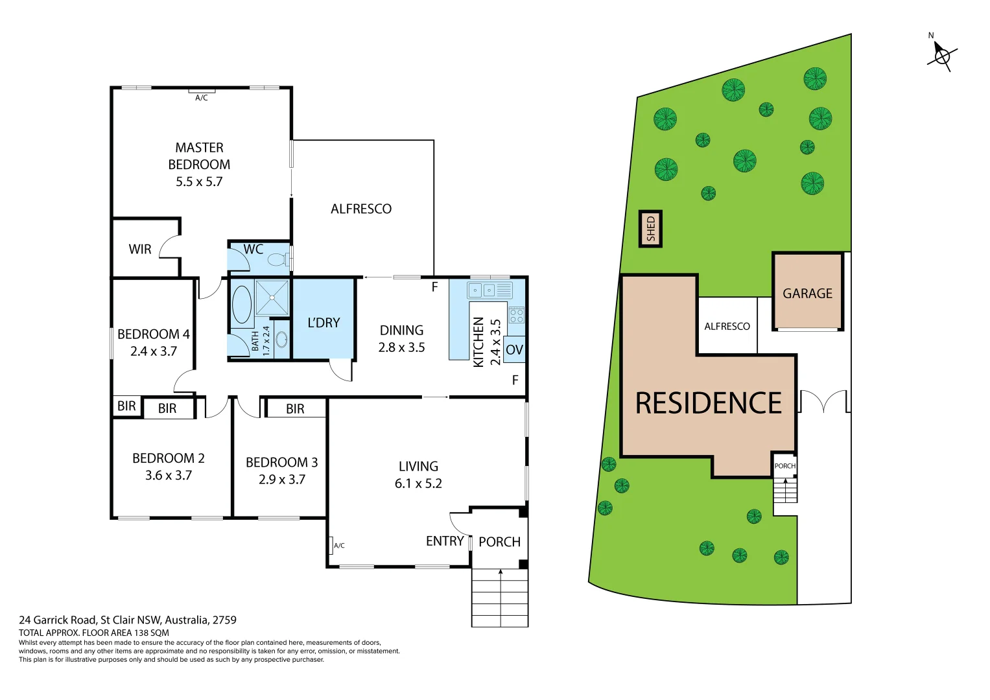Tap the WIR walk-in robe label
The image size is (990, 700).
coord(140,250)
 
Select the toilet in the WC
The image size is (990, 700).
coord(277,260)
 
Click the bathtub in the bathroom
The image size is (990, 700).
coord(242,305)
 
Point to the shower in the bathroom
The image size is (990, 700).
coord(272,297)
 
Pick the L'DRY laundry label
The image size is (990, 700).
coord(324,323)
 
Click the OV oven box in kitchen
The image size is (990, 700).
coord(514,350)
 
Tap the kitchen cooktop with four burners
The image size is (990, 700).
coord(517,316)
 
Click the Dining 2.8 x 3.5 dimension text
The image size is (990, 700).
coord(401,347)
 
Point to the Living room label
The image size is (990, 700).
coord(418,467)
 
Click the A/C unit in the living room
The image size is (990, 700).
coord(331,545)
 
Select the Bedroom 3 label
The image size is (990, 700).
coord(281,463)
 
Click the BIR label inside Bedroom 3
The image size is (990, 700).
coord(295,409)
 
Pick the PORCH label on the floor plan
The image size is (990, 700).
coord(499,542)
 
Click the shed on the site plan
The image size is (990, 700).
coord(651,229)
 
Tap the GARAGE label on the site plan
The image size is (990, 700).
coord(807,294)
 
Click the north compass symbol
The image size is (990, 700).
coord(941,56)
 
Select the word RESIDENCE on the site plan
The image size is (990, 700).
coord(708,403)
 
